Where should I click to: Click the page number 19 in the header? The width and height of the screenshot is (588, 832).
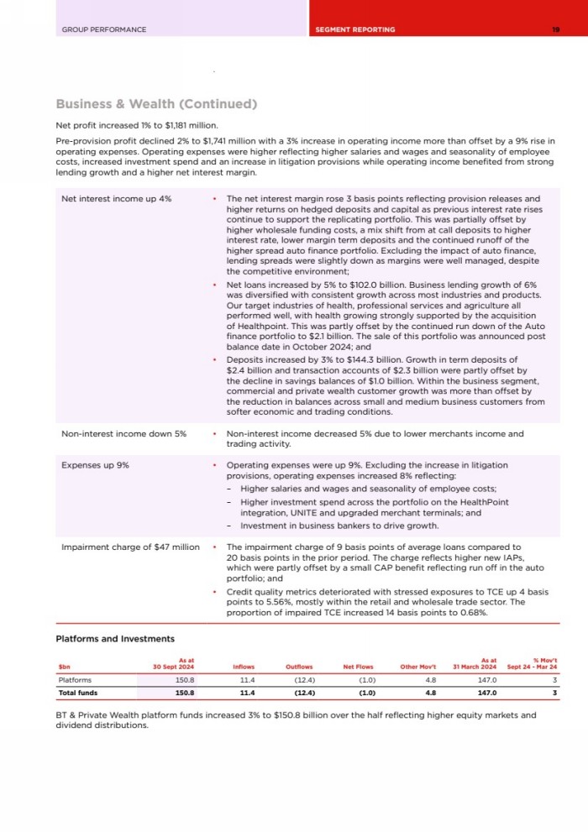point(556,29)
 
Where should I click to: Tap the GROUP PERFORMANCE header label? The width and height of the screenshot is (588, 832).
point(104,29)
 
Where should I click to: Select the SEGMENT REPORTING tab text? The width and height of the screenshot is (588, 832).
point(355,29)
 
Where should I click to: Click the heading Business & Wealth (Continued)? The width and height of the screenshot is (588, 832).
point(155,104)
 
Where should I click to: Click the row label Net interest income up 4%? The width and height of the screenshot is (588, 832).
point(117,199)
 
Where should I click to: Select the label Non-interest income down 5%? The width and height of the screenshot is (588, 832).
point(124,434)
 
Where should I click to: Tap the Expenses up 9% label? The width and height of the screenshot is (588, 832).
point(95,464)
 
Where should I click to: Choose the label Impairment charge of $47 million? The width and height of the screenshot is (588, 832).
point(130,547)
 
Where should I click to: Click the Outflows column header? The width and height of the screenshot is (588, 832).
point(300,667)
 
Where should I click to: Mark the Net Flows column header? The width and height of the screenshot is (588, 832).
point(360,667)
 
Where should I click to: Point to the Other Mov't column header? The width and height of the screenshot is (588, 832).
point(418,667)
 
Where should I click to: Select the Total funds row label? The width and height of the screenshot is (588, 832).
point(78,693)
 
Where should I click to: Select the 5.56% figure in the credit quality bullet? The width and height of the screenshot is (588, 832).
point(278,601)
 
